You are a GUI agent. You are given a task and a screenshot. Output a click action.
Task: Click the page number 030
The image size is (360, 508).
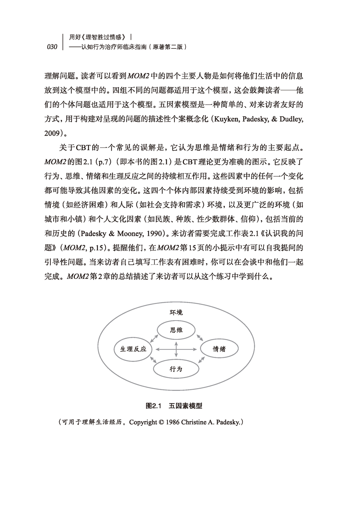pyautogui.click(x=52, y=47)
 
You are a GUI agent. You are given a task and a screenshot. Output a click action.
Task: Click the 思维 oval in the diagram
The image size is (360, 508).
pyautogui.click(x=176, y=330)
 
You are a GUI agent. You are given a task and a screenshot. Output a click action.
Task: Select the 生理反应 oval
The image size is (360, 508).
pyautogui.click(x=133, y=349)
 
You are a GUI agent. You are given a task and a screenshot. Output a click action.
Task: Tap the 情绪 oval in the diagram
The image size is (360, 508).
pyautogui.click(x=219, y=349)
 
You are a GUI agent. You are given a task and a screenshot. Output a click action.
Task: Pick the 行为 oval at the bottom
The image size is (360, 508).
pyautogui.click(x=176, y=369)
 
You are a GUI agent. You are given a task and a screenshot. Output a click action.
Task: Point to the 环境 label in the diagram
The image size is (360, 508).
pyautogui.click(x=176, y=312)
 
